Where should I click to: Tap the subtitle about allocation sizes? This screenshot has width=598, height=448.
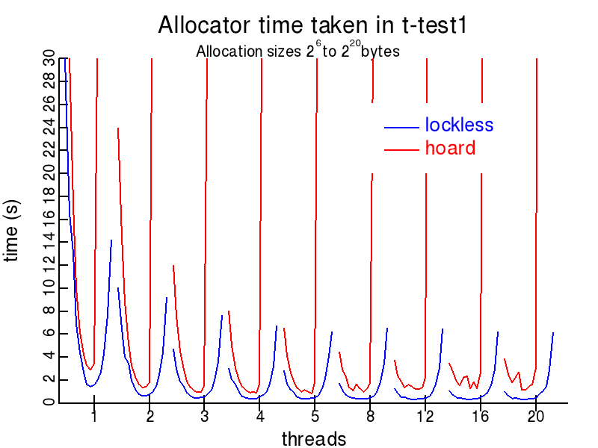pyautogui.click(x=298, y=52)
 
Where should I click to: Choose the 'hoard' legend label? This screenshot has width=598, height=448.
pyautogui.click(x=450, y=148)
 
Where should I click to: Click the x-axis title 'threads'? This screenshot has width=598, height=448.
pyautogui.click(x=314, y=438)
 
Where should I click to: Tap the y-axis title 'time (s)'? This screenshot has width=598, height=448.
pyautogui.click(x=13, y=231)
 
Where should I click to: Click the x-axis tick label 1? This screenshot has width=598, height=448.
pyautogui.click(x=94, y=417)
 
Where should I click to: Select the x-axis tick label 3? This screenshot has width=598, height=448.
pyautogui.click(x=204, y=417)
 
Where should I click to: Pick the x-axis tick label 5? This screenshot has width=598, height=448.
pyautogui.click(x=315, y=417)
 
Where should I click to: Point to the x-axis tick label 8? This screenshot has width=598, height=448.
pyautogui.click(x=370, y=417)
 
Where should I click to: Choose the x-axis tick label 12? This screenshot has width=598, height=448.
pyautogui.click(x=425, y=417)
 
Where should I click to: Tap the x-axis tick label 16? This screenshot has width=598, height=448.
pyautogui.click(x=480, y=417)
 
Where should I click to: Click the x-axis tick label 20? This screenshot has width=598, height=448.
pyautogui.click(x=535, y=417)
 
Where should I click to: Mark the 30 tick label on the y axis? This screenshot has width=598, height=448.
pyautogui.click(x=49, y=58)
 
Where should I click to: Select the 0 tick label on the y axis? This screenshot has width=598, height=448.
pyautogui.click(x=49, y=402)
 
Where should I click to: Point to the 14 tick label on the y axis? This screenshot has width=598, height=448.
pyautogui.click(x=49, y=242)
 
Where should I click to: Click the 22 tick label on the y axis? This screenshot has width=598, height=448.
pyautogui.click(x=49, y=150)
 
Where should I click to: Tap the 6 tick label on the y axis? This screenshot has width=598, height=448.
pyautogui.click(x=49, y=334)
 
